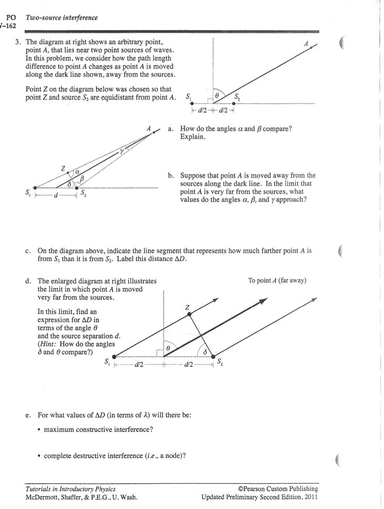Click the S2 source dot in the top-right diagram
tap(234, 104)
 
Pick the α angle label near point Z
tap(77, 171)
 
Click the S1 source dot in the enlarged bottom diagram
tap(114, 356)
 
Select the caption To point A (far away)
tap(277, 281)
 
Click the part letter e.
tap(27, 415)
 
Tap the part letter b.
tap(171, 176)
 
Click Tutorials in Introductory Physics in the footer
tap(71, 489)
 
